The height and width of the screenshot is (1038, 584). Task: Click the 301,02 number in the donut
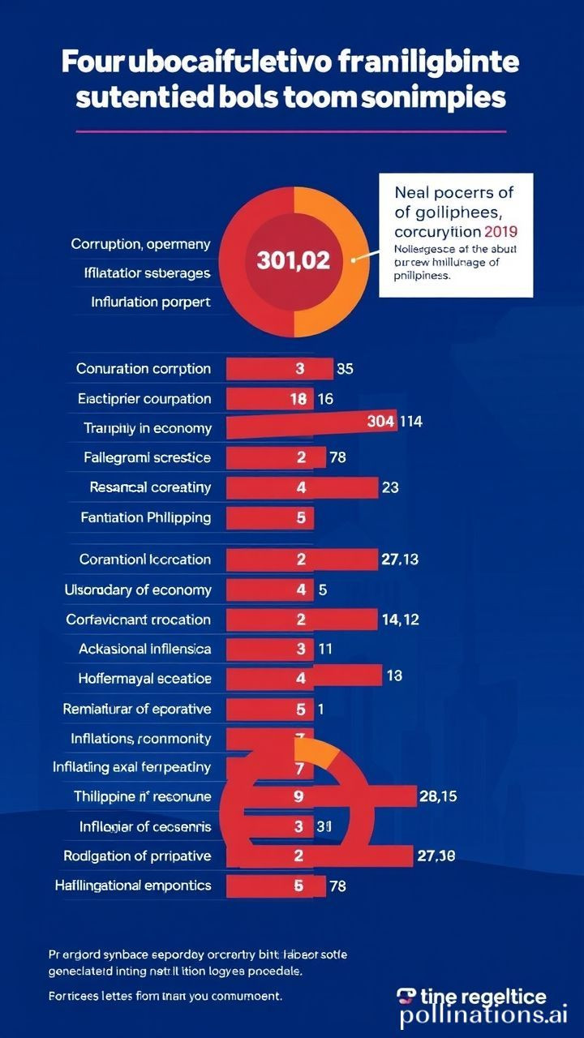pyautogui.click(x=293, y=260)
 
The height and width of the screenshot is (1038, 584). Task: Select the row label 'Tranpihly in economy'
pyautogui.click(x=148, y=428)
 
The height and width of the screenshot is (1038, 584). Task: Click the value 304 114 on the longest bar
pyautogui.click(x=394, y=422)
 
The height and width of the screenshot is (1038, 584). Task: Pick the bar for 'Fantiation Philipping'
pyautogui.click(x=270, y=517)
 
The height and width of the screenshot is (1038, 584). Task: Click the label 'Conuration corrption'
pyautogui.click(x=144, y=369)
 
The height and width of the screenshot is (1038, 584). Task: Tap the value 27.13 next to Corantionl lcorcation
pyautogui.click(x=399, y=560)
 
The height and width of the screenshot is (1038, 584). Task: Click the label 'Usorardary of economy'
pyautogui.click(x=138, y=590)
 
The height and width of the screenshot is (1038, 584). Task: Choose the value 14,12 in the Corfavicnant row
pyautogui.click(x=399, y=620)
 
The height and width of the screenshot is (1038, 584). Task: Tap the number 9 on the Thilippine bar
pyautogui.click(x=299, y=796)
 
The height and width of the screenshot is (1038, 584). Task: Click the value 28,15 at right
pyautogui.click(x=437, y=796)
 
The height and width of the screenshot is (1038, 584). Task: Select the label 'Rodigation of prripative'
pyautogui.click(x=137, y=856)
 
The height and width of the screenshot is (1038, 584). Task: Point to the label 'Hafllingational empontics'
pyautogui.click(x=133, y=886)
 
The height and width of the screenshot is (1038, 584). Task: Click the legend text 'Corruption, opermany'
pyautogui.click(x=140, y=243)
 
